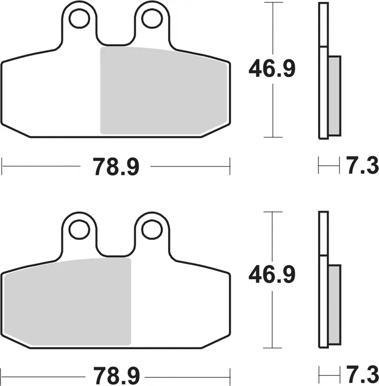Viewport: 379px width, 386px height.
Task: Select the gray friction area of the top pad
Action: coord(163,91)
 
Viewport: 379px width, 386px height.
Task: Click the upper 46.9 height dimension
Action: coord(272,70)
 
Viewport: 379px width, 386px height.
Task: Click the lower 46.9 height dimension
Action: coord(272,276)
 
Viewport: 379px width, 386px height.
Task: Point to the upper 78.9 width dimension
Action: coord(116,167)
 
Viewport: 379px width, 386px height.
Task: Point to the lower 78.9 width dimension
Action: coord(116,374)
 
